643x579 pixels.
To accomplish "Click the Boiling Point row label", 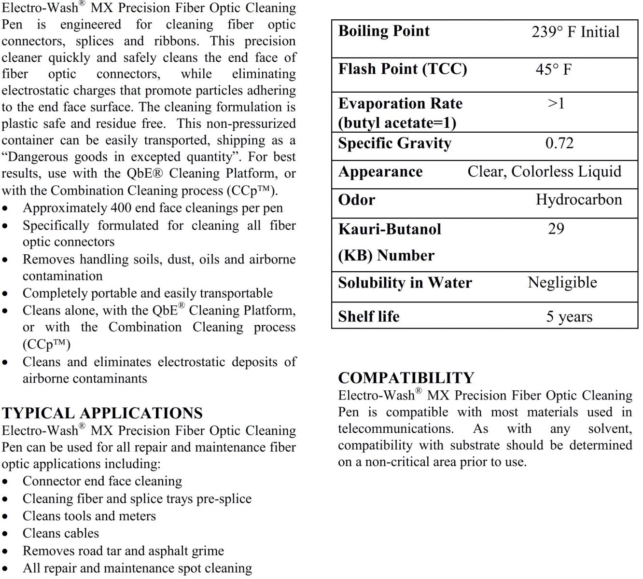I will tap(384, 31).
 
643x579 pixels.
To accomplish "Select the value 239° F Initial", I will tap(575, 32).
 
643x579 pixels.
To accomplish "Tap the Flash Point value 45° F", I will tap(553, 69).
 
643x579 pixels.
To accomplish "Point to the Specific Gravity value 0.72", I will tap(559, 143).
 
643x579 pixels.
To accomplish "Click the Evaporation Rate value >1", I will tap(556, 103).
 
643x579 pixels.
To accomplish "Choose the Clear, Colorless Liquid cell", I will tap(544, 172).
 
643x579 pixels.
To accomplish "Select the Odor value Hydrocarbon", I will tap(578, 200).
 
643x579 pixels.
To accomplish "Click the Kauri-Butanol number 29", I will tap(556, 229).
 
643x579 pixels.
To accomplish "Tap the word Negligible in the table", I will tap(562, 282).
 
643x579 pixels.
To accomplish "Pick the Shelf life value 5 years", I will tap(569, 317).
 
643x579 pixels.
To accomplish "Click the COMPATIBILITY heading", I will tap(406, 378).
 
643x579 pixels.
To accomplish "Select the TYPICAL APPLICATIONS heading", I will tap(102, 413).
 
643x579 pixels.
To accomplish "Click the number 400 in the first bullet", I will tap(120, 208).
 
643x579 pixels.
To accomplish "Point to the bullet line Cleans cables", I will tap(61, 533).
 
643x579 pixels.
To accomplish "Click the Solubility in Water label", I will tap(405, 283).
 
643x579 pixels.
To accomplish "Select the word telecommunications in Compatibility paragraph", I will tap(395, 428).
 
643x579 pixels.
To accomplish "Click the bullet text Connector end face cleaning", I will tap(102, 481).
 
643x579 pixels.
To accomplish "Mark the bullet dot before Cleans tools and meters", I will tap(5, 517).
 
